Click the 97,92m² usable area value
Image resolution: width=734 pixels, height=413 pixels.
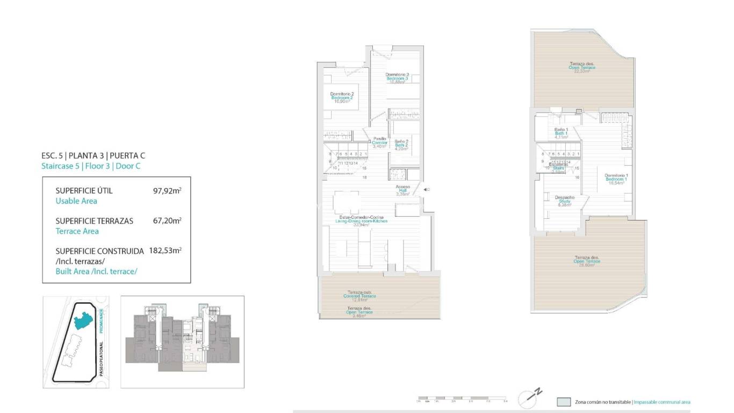pyautogui.click(x=167, y=190)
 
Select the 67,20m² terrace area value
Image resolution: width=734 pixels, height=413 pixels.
pyautogui.click(x=167, y=220)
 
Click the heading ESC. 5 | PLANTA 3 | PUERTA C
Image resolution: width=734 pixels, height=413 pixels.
pyautogui.click(x=93, y=155)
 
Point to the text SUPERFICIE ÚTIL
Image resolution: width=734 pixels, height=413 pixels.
pyautogui.click(x=84, y=191)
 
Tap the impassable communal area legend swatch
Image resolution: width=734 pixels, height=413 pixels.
pyautogui.click(x=564, y=402)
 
